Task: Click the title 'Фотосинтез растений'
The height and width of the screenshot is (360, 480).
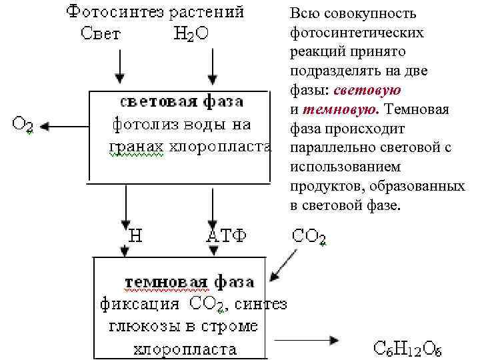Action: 155,12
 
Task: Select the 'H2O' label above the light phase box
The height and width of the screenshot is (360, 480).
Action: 191,35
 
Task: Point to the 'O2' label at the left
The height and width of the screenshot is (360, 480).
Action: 24,124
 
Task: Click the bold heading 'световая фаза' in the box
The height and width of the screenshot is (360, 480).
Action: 181,102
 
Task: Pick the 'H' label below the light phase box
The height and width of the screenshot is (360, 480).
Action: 135,235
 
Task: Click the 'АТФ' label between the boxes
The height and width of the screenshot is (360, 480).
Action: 227,235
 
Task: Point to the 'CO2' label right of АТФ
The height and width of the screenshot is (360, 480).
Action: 309,236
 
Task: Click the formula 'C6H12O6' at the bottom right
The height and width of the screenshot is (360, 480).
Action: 407,348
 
